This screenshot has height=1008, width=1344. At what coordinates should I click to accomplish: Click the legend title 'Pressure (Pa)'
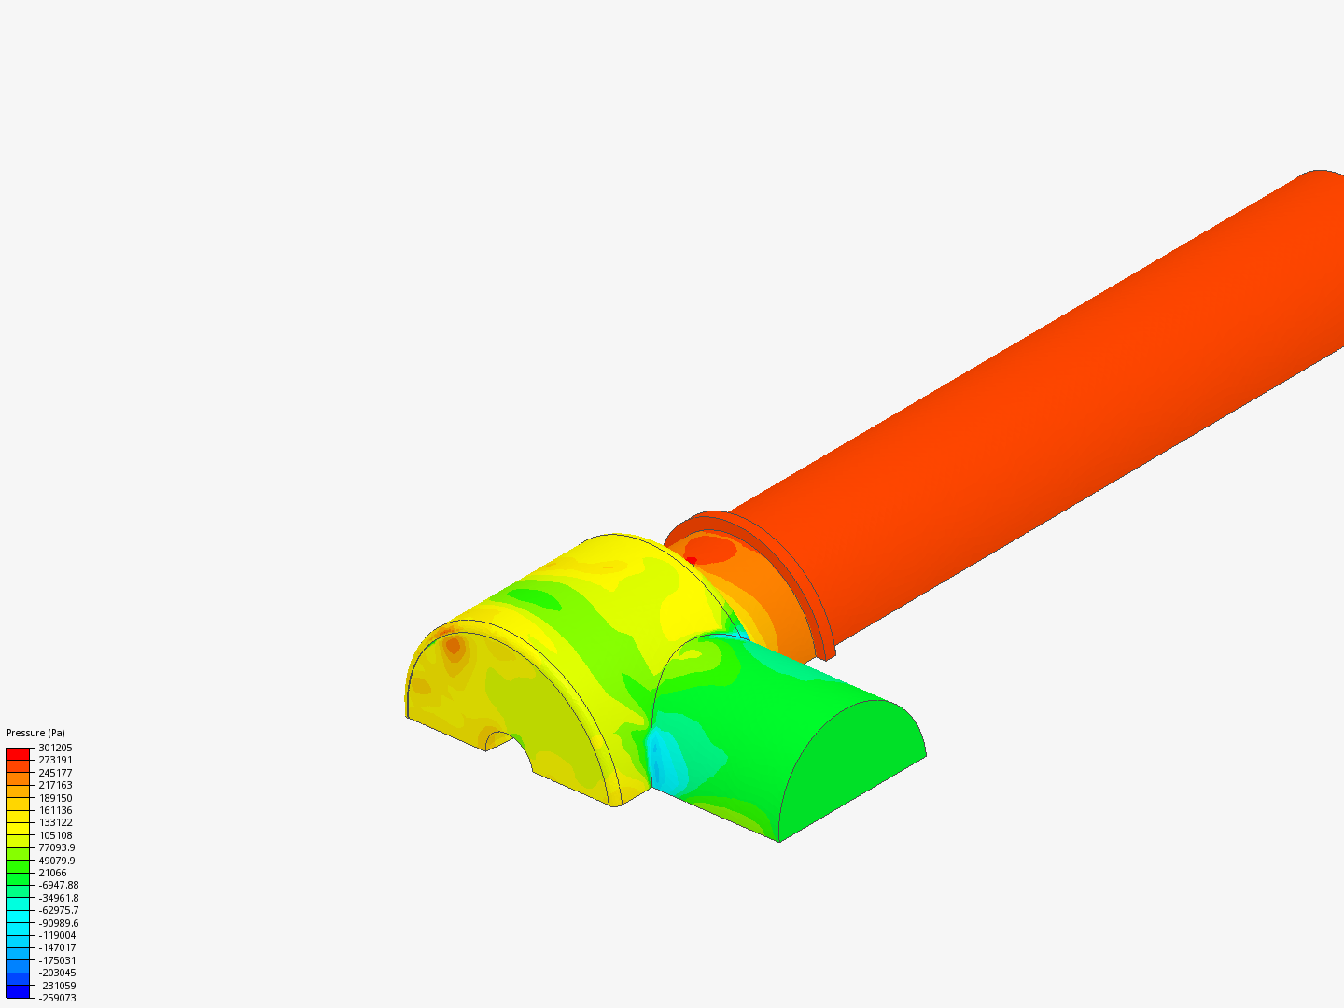pyautogui.click(x=35, y=733)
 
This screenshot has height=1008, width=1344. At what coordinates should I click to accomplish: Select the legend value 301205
pyautogui.click(x=55, y=748)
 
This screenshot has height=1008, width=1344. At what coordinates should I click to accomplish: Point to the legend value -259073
pyautogui.click(x=57, y=998)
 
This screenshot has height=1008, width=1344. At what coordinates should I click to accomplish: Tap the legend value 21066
pyautogui.click(x=52, y=873)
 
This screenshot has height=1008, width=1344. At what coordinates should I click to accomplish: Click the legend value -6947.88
pyautogui.click(x=59, y=885)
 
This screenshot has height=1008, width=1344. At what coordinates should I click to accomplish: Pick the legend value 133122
pyautogui.click(x=55, y=822)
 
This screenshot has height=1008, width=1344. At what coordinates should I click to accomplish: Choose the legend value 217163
pyautogui.click(x=55, y=785)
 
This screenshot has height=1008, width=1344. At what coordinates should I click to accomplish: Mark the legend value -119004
pyautogui.click(x=57, y=935)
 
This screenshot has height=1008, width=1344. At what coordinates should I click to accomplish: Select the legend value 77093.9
pyautogui.click(x=57, y=847)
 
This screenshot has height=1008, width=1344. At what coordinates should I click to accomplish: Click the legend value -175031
pyautogui.click(x=57, y=960)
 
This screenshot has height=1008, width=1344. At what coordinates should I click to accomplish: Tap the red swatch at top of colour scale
pyautogui.click(x=18, y=753)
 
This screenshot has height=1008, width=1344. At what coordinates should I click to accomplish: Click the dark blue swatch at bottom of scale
pyautogui.click(x=18, y=991)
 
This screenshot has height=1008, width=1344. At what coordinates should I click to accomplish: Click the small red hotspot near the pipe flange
pyautogui.click(x=691, y=560)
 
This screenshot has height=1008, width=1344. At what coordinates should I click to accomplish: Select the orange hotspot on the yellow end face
pyautogui.click(x=453, y=645)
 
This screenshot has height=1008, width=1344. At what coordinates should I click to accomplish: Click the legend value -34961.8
pyautogui.click(x=59, y=898)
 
